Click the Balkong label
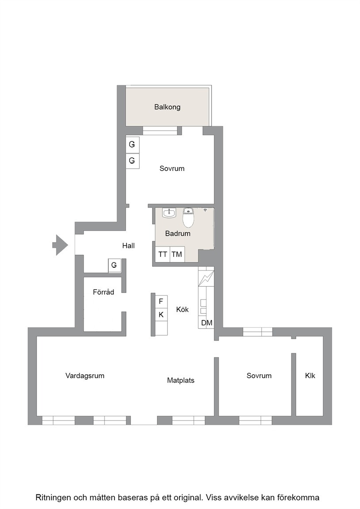167,107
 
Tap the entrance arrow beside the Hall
60,245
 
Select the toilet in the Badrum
188,217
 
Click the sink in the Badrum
169,213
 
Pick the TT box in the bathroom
162,254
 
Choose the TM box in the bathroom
177,254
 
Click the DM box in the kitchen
207,323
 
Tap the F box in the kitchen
161,302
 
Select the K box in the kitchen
161,315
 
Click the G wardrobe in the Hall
114,265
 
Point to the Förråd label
103,292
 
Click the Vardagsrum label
85,376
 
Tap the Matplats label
180,380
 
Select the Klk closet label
310,376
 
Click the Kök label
182,310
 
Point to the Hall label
128,246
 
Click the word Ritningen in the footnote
53,498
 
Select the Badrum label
178,233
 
